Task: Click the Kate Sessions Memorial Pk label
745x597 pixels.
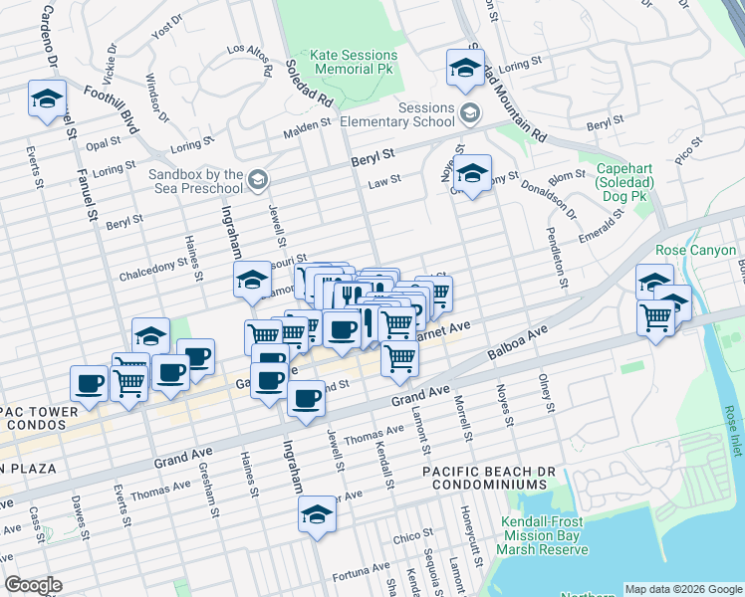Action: [354, 63]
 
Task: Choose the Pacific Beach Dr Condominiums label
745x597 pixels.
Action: [484, 477]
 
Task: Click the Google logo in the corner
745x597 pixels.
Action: [33, 585]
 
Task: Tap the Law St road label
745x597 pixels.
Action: [383, 180]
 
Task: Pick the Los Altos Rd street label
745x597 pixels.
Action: [250, 61]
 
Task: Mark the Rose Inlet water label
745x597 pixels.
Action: [732, 427]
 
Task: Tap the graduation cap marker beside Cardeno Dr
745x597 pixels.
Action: [47, 99]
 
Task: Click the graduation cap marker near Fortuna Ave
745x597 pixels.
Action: [317, 514]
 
